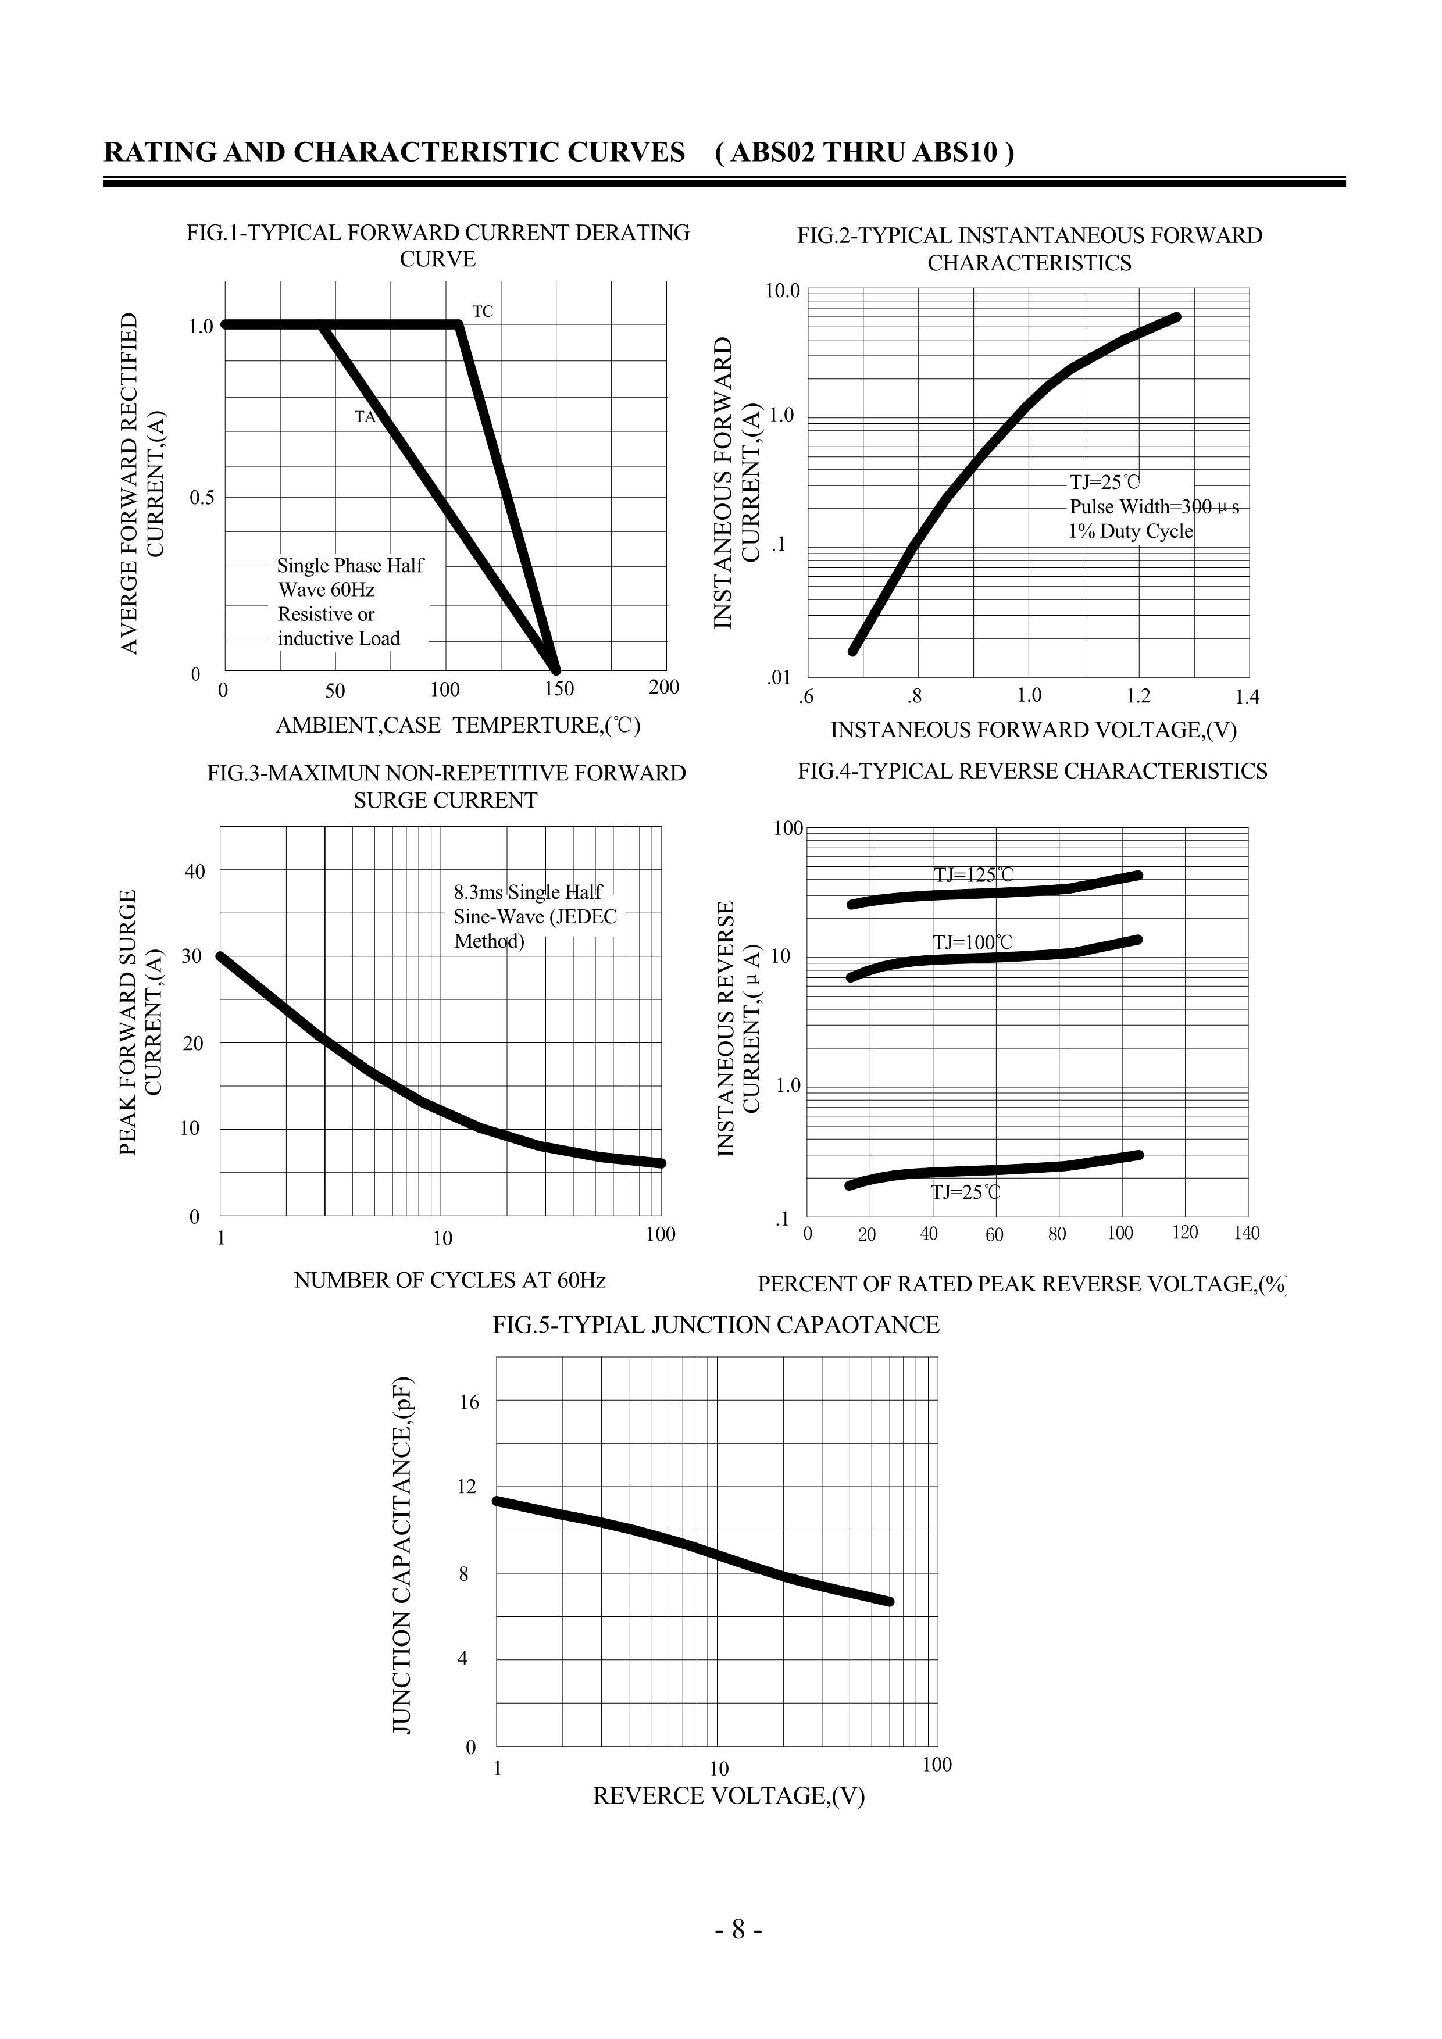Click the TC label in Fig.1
[x=482, y=312]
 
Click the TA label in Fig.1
[x=365, y=416]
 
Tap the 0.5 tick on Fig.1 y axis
[x=202, y=497]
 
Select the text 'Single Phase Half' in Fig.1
[x=350, y=566]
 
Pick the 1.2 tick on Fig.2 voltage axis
[x=1138, y=695]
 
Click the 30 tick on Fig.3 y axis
[x=192, y=956]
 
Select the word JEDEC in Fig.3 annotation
[x=584, y=916]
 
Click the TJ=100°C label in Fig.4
[x=972, y=942]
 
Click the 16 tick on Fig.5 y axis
[x=468, y=1402]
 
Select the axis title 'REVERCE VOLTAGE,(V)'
[x=728, y=1795]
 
